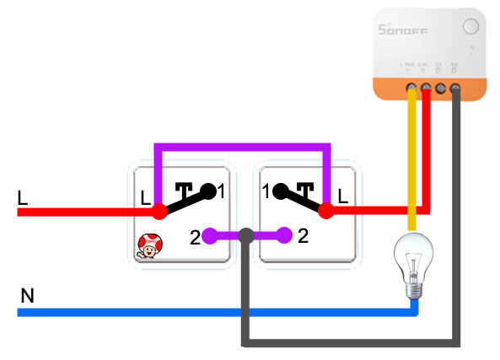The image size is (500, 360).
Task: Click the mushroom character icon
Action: coord(150,245)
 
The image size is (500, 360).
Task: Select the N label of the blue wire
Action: coord(27,296)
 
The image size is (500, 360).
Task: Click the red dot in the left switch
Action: coord(160,212)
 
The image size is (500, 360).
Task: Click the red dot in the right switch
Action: coord(325,212)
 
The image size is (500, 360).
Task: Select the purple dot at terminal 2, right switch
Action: coord(285,236)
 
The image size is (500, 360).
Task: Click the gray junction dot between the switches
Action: coord(245,236)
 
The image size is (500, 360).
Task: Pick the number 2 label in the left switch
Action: coord(194,238)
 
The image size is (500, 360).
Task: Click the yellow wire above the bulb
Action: coord(411,160)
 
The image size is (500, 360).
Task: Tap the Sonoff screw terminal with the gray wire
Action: coord(455,86)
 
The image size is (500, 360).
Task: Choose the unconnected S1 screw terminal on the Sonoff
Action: coord(441,86)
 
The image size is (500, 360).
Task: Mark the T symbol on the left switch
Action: coord(185,190)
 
